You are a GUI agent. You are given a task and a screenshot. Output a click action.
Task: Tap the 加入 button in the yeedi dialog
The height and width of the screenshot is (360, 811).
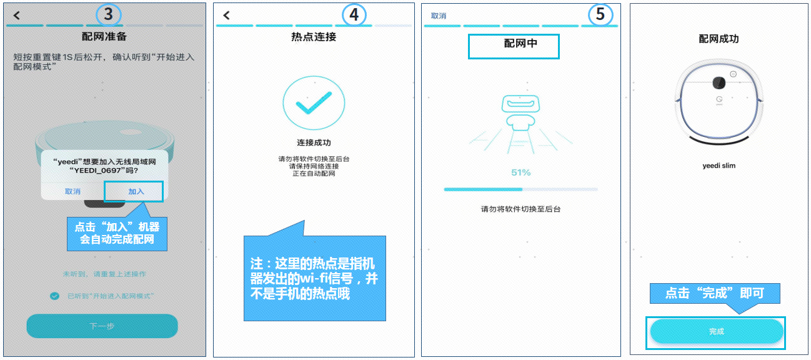(x=135, y=191)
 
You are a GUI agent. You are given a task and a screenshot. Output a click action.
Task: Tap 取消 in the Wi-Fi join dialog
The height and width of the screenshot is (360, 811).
(x=72, y=191)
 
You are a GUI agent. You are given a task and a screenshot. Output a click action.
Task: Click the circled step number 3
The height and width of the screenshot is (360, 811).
(x=109, y=14)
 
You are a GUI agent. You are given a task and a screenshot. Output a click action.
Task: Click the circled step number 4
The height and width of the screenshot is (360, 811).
(x=355, y=15)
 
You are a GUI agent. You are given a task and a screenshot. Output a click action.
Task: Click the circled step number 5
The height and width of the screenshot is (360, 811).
(x=600, y=14)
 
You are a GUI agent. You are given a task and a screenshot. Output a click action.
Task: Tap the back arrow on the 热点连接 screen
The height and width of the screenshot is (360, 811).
(x=226, y=15)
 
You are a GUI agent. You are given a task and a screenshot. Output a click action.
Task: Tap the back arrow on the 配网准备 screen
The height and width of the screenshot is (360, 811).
(x=17, y=15)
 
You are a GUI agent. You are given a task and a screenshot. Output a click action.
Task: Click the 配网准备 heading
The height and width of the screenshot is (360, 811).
(x=104, y=36)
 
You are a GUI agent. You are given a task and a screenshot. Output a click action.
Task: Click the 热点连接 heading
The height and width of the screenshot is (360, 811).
(x=314, y=37)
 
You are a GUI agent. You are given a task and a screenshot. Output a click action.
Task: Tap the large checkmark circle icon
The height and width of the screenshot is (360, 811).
(x=314, y=104)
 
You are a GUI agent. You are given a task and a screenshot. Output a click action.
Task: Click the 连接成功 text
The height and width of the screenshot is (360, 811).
(x=314, y=142)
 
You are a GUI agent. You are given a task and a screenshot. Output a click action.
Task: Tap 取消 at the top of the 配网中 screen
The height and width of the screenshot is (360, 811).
(x=439, y=16)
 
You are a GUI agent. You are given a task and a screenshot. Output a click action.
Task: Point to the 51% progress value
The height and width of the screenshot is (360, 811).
(x=520, y=172)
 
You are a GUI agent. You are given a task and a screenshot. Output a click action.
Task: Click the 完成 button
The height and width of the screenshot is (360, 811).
(x=716, y=331)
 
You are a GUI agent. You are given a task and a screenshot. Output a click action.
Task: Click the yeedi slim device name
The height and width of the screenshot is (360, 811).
(x=719, y=166)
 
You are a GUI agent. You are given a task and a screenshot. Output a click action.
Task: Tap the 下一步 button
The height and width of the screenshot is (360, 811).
(x=102, y=326)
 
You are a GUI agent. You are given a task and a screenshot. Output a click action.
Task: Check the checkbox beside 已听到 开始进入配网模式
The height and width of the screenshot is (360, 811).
(x=55, y=296)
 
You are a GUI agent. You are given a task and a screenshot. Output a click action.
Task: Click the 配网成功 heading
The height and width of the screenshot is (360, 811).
(x=719, y=39)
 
